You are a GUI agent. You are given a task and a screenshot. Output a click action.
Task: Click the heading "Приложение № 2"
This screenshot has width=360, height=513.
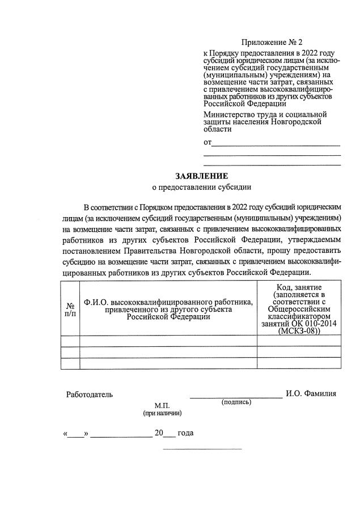272,43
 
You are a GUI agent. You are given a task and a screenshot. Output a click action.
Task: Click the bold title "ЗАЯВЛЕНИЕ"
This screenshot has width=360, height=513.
201,176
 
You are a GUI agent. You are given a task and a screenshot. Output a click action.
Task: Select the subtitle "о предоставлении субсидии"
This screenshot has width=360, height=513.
201,186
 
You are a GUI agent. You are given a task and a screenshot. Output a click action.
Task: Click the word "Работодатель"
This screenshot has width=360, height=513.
90,394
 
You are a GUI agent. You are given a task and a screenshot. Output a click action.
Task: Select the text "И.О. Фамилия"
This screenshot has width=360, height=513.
311,393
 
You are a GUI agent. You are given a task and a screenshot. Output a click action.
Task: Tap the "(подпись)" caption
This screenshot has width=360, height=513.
236,402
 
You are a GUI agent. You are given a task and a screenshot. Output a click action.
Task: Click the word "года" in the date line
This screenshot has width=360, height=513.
185,434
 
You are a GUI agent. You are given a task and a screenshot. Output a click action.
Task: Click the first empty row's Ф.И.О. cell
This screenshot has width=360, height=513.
168,341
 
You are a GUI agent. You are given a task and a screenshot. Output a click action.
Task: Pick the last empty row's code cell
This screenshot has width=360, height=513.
299,363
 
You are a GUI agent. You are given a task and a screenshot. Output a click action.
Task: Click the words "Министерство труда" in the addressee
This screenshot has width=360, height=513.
238,115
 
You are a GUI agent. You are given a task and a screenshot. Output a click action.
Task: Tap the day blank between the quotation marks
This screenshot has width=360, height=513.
77,435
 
